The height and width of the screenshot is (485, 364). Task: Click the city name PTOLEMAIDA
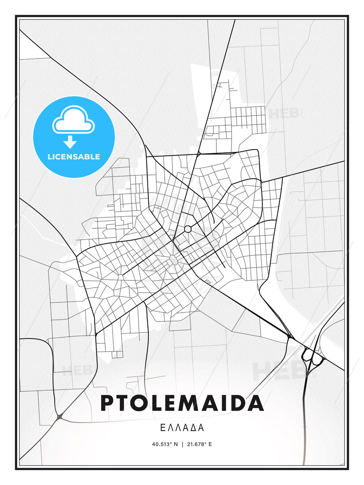point(182,403)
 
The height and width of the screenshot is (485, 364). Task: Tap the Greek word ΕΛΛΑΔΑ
point(182,428)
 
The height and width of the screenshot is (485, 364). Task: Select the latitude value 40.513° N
point(165,444)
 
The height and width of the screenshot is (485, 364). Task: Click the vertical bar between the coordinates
point(182,444)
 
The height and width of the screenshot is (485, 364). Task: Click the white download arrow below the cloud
point(70,142)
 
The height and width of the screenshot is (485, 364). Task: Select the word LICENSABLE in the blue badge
point(74,157)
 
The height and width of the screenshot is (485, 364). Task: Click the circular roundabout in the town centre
point(188,229)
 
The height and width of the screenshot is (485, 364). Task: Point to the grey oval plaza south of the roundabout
point(174,260)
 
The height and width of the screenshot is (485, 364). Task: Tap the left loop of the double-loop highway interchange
point(307,355)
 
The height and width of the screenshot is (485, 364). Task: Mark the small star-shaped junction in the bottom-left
point(60,417)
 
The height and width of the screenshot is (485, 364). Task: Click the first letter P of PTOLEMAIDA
point(107,403)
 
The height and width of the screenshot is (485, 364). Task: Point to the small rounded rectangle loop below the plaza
point(208,282)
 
